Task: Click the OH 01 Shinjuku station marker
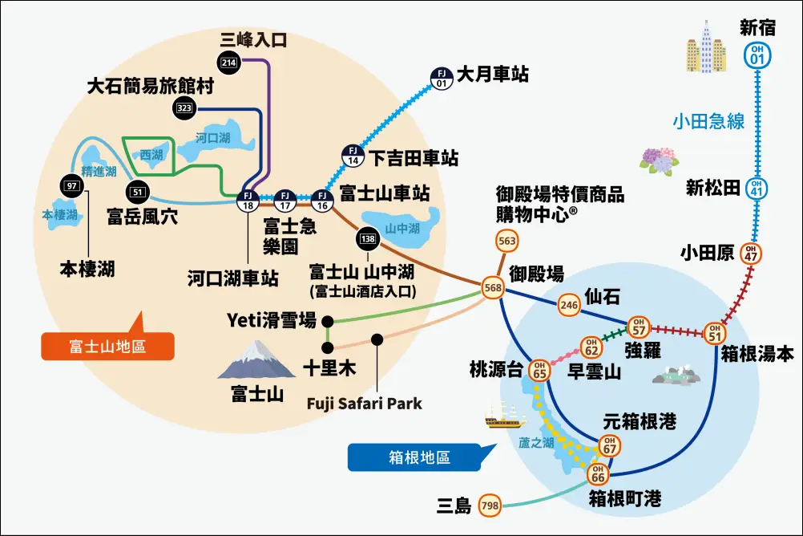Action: (x=757, y=55)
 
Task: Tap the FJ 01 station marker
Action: (x=442, y=79)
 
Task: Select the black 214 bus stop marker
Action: (x=229, y=63)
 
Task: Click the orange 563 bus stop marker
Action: (x=507, y=241)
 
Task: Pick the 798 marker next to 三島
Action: (x=490, y=506)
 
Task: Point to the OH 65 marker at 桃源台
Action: (x=539, y=370)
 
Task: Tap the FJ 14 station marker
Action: (x=353, y=156)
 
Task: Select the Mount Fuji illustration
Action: (x=256, y=360)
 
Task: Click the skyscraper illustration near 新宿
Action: (x=706, y=47)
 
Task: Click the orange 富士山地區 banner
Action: (x=107, y=346)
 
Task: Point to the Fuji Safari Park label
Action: (x=364, y=404)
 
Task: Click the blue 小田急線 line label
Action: (x=708, y=121)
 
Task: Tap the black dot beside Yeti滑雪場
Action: (x=328, y=322)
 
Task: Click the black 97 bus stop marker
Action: (x=71, y=186)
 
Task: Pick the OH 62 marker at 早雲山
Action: (x=591, y=347)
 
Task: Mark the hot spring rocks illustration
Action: (x=676, y=376)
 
